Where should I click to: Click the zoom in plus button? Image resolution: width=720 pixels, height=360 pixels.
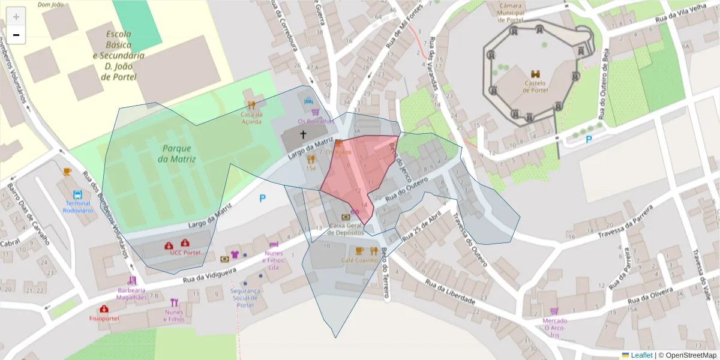[16, 17]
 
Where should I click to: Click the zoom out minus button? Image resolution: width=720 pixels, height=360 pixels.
[16, 35]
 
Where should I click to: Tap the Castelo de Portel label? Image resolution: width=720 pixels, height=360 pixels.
[535, 86]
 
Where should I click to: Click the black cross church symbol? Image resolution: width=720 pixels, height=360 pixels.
[303, 135]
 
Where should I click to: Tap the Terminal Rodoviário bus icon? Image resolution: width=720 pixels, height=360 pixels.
[77, 195]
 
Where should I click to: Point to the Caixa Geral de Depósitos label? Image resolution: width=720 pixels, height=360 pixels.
[346, 229]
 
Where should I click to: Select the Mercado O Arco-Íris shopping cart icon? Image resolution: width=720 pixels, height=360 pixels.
[554, 311]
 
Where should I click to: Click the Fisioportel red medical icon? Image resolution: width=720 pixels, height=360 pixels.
[104, 309]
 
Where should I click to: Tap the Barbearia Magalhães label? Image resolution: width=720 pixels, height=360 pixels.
[132, 293]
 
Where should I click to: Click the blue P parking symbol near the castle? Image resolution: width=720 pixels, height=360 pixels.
[589, 139]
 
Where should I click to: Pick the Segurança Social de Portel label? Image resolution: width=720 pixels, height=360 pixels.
[245, 298]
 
